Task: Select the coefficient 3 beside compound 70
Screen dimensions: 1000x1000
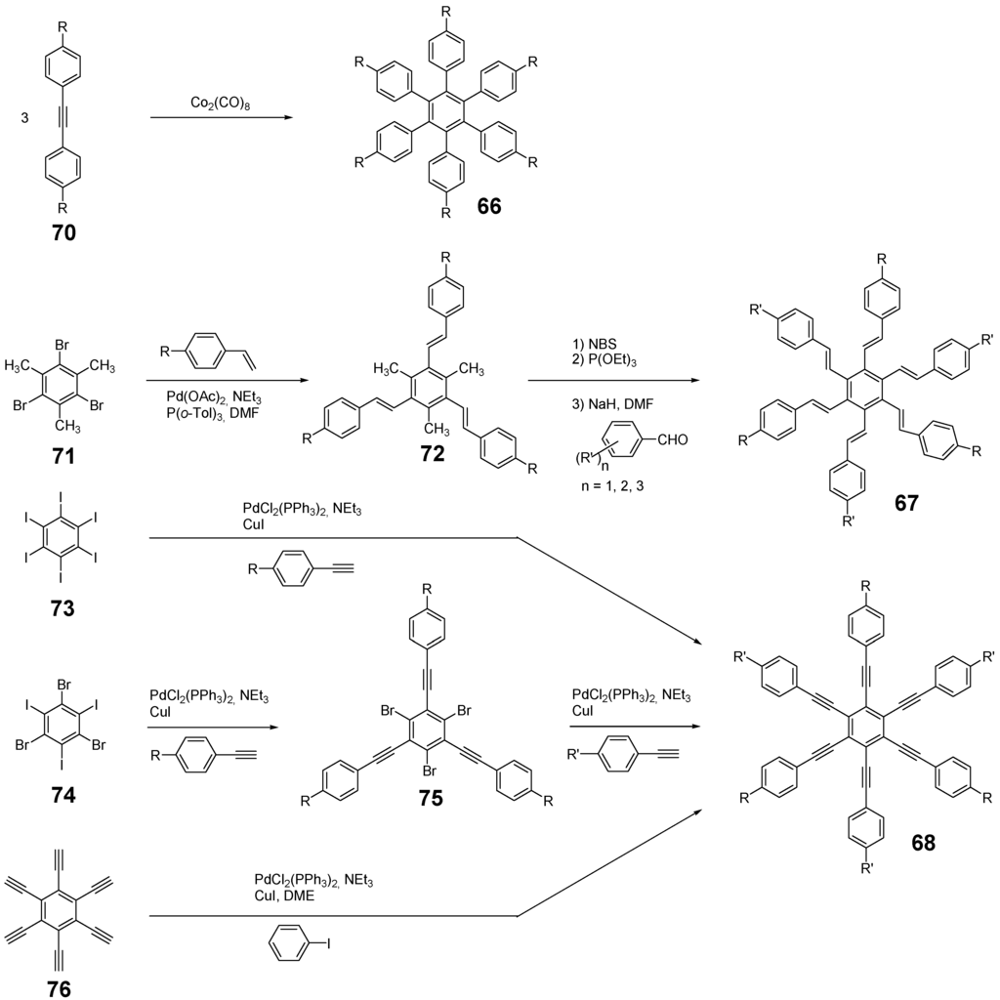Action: point(24,118)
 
